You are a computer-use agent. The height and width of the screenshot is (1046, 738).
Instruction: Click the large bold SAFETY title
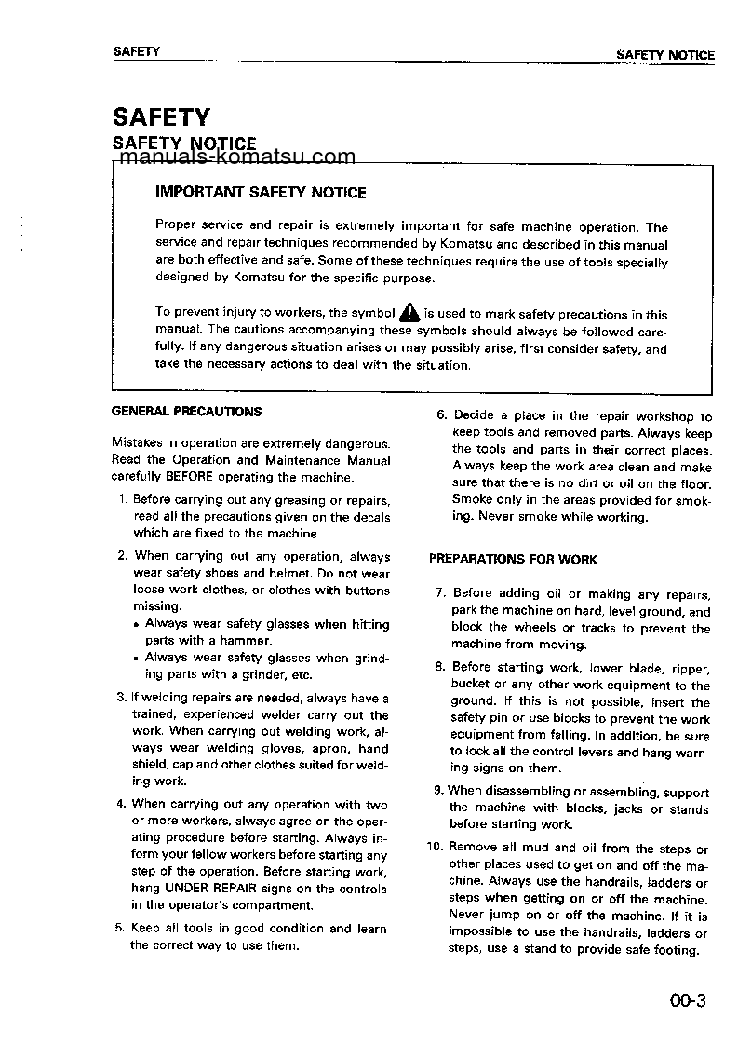point(161,117)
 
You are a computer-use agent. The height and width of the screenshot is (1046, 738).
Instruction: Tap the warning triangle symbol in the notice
point(409,314)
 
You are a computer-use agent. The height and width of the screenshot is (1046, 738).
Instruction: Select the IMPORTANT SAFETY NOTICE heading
point(261,193)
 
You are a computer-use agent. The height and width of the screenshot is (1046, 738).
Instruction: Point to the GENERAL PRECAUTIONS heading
point(186,411)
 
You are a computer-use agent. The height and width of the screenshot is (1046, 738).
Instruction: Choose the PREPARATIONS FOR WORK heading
point(513,560)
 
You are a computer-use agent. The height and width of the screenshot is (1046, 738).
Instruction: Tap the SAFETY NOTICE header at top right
point(664,55)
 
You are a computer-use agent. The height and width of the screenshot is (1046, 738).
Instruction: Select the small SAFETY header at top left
point(136,52)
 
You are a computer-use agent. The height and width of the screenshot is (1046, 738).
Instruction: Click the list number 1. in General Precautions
point(123,500)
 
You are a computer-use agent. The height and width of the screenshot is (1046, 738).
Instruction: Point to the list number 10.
point(435,848)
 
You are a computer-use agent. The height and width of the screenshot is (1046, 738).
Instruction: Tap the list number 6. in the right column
point(442,416)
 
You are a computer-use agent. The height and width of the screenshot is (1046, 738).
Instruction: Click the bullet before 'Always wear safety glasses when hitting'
point(137,625)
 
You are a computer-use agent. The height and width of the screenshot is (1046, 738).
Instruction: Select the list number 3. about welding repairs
point(121,697)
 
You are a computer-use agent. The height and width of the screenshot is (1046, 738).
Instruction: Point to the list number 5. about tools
point(120,929)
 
